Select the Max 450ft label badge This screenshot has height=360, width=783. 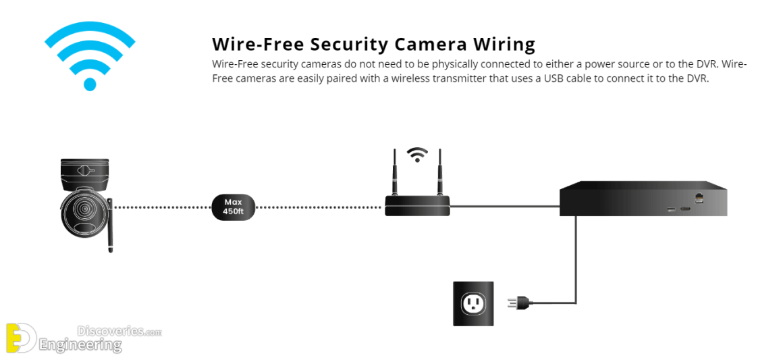coord(232,206)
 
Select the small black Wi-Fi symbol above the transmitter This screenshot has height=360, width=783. coord(417,155)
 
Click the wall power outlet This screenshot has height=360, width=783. coord(473,303)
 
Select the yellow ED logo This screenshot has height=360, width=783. coord(21,338)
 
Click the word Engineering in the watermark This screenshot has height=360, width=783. coord(80,345)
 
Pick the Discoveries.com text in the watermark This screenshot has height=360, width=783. coord(119,331)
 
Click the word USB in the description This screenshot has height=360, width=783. coord(558,78)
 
